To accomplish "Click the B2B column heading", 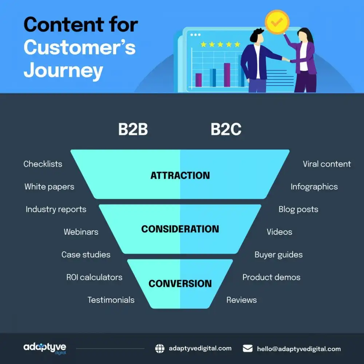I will tap(133, 130).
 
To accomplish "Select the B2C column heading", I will tap(226, 130).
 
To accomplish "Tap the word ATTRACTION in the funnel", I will tap(180, 175).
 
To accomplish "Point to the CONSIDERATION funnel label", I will tap(180, 229).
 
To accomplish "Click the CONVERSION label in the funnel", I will tap(180, 284).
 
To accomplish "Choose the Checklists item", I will tap(43, 164).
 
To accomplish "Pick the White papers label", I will tap(49, 187).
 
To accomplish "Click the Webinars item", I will tap(81, 232).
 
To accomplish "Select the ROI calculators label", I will tap(94, 277).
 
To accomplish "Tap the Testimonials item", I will tap(111, 300).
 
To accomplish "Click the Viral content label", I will tap(327, 164).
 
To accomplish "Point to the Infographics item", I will tap(314, 187).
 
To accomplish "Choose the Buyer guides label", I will tap(278, 255).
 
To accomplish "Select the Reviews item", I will tap(241, 300).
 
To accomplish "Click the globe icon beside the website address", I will tap(160, 349).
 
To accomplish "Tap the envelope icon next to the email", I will tap(248, 349).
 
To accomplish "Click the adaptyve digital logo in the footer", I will tap(45, 348).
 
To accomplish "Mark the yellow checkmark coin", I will tap(277, 22).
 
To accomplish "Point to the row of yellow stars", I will tap(220, 44).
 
